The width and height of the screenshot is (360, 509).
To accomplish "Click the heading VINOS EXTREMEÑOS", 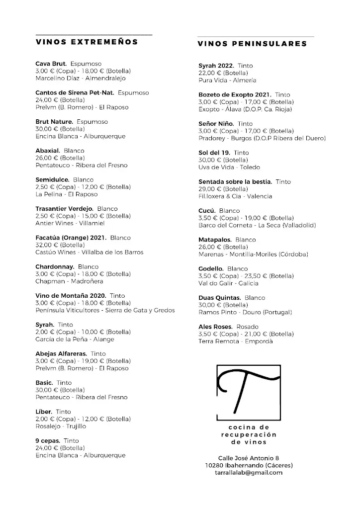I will [x=87, y=42].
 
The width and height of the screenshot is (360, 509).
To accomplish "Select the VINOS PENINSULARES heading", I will [x=252, y=44].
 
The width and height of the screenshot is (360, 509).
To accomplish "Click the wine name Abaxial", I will [x=48, y=151].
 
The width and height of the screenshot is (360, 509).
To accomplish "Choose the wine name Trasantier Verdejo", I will [x=65, y=209].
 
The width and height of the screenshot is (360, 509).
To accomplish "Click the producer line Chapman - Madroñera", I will [x=70, y=281].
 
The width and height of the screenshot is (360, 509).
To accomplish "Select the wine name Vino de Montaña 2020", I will [x=71, y=296].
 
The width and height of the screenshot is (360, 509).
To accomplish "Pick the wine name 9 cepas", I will [x=48, y=441].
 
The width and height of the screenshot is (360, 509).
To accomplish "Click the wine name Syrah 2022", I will [x=216, y=66].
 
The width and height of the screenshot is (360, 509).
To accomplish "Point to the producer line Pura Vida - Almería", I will [x=227, y=80].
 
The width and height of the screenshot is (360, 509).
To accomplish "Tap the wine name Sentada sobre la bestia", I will [x=235, y=182].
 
